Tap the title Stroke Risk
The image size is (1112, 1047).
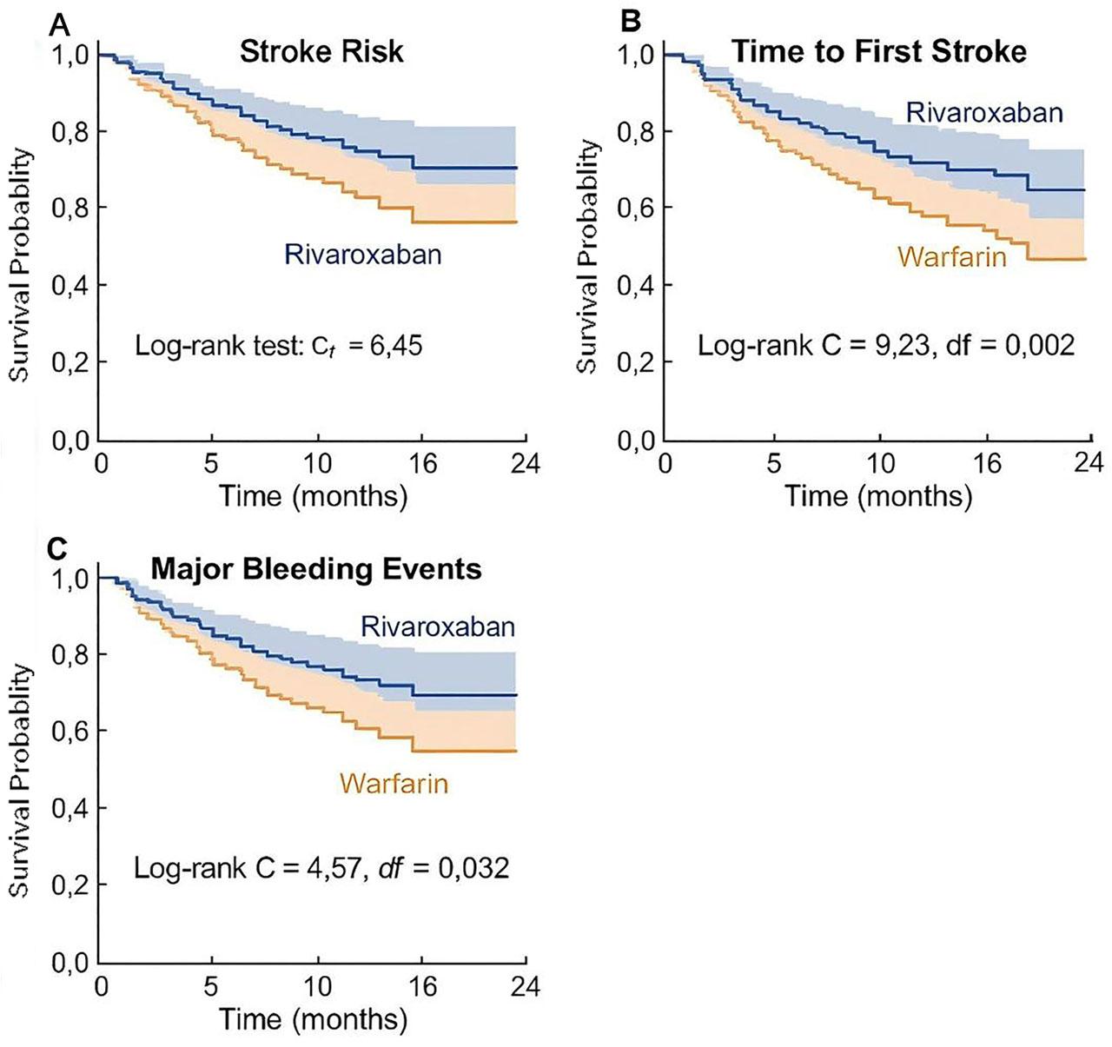pos(321,52)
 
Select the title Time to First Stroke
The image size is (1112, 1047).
pos(878,52)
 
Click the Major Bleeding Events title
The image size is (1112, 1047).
pos(316,569)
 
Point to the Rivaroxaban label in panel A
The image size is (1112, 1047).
pos(363,255)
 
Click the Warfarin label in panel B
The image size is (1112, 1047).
pos(952,257)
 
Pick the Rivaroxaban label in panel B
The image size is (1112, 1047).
pos(984,113)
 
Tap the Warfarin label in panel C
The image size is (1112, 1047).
pos(394,784)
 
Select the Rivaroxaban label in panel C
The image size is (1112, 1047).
pos(438,627)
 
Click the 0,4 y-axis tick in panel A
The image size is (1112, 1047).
pos(70,285)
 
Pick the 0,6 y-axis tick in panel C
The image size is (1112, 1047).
pos(70,732)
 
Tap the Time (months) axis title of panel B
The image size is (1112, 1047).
pos(878,496)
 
